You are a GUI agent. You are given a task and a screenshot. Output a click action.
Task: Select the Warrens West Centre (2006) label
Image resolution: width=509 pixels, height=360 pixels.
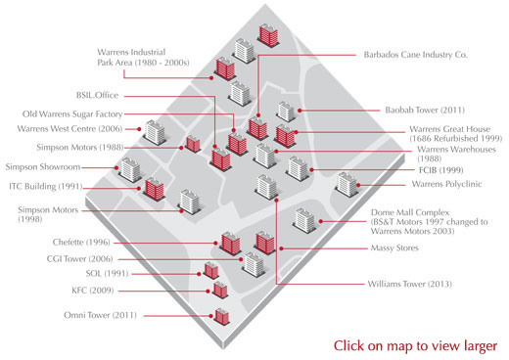click(69, 128)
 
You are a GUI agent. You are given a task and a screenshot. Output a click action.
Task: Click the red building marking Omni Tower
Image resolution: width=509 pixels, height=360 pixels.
click(221, 316)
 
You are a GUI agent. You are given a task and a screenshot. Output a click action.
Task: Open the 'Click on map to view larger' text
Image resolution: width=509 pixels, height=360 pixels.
click(415, 345)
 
